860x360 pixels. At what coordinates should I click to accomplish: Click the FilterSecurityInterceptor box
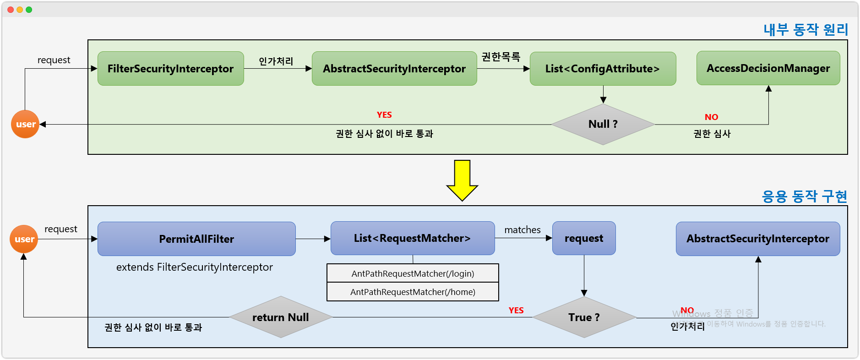click(170, 69)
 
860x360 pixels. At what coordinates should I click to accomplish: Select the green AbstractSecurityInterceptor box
click(394, 69)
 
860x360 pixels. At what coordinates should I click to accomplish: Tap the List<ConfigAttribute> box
click(602, 69)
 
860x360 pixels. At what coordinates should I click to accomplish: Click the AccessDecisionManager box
click(768, 68)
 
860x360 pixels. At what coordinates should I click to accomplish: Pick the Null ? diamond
click(603, 124)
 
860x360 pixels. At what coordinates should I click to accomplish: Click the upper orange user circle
click(25, 124)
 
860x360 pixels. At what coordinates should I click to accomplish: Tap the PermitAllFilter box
click(196, 239)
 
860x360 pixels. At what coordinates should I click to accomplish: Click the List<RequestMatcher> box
click(412, 238)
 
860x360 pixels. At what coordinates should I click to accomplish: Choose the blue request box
click(584, 238)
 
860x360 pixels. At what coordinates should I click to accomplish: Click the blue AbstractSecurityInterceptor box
click(757, 239)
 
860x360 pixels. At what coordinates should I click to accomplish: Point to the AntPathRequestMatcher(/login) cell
click(413, 273)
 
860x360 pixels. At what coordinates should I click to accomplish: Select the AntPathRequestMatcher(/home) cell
click(413, 292)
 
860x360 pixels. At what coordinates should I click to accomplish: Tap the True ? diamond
click(584, 317)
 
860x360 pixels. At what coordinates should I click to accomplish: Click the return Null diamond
click(280, 317)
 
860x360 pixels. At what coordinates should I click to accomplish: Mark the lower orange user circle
click(24, 239)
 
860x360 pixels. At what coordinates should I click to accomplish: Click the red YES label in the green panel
click(384, 115)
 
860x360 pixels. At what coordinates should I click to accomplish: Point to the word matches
click(523, 230)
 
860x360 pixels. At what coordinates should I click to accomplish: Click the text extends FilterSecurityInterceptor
click(194, 267)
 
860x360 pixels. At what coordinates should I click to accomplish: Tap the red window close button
click(11, 10)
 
